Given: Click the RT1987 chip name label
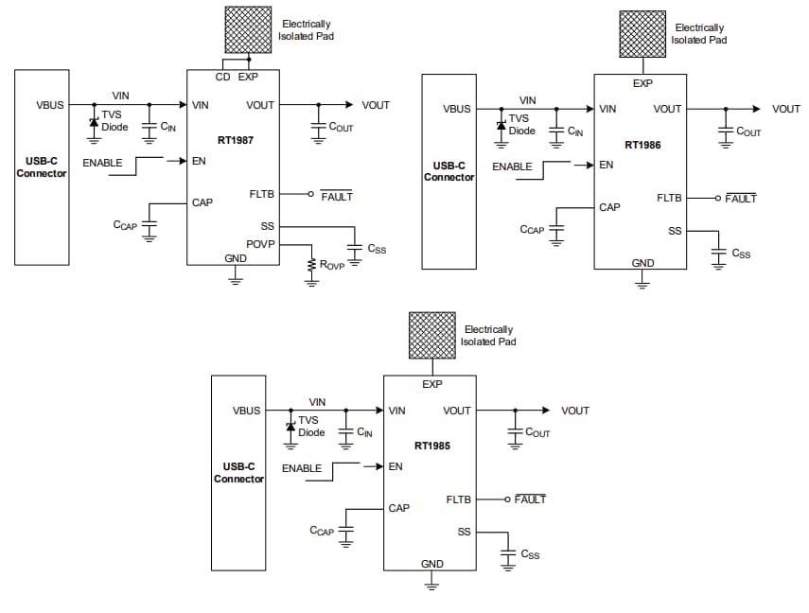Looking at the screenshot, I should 235,140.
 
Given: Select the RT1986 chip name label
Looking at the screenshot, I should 642,145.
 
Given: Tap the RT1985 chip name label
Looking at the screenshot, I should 431,445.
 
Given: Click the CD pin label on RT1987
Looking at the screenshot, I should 223,77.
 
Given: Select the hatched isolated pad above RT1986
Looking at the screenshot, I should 642,35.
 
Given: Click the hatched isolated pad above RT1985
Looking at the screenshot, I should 431,336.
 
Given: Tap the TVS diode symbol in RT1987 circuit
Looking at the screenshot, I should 94,125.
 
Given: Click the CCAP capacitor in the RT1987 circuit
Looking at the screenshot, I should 149,226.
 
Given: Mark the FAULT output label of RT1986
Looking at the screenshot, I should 741,199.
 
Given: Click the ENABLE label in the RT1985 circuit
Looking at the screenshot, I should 302,468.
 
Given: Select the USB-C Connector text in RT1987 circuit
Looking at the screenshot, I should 42,168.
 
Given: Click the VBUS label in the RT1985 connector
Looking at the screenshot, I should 246,411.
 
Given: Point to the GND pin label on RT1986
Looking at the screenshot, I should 642,262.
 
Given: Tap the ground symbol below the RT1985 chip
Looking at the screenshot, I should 431,586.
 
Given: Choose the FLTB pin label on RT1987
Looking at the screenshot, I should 261,194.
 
